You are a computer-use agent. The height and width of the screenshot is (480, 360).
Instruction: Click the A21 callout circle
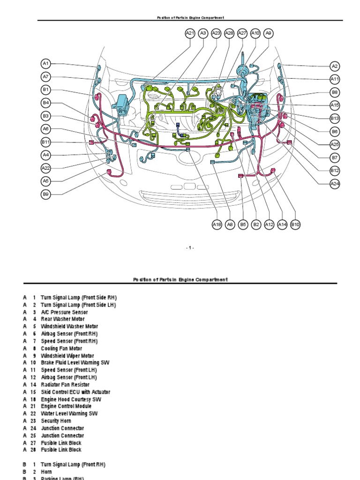(x=190, y=33)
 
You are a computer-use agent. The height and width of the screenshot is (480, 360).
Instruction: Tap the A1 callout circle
(x=46, y=63)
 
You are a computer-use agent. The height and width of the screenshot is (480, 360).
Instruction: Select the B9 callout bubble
(x=46, y=194)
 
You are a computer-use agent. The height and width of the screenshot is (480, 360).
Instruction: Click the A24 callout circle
(x=335, y=184)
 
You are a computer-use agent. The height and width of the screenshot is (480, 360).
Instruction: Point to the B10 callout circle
(x=295, y=225)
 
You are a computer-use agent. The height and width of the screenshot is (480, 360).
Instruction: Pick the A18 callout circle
(x=217, y=225)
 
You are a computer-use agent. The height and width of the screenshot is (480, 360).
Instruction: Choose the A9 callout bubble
(x=269, y=33)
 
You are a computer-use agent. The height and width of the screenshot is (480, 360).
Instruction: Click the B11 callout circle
(x=46, y=142)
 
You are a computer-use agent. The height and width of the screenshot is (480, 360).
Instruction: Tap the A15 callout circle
(x=335, y=105)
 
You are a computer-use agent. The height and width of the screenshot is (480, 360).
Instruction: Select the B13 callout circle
(x=335, y=119)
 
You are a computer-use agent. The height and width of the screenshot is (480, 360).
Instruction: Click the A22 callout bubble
(x=46, y=168)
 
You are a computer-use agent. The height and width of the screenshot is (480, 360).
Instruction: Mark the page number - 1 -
(x=190, y=248)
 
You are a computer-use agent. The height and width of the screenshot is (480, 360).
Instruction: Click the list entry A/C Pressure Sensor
(x=64, y=312)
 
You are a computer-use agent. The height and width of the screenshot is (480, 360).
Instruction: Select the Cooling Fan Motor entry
(x=61, y=348)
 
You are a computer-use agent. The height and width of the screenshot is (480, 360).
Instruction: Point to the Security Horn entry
(x=56, y=421)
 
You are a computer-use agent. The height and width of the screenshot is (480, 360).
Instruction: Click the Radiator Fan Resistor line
(x=65, y=384)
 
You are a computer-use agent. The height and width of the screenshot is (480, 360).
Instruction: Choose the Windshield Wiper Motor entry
(x=67, y=356)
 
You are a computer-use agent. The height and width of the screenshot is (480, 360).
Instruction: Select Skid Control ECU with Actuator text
(x=75, y=392)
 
